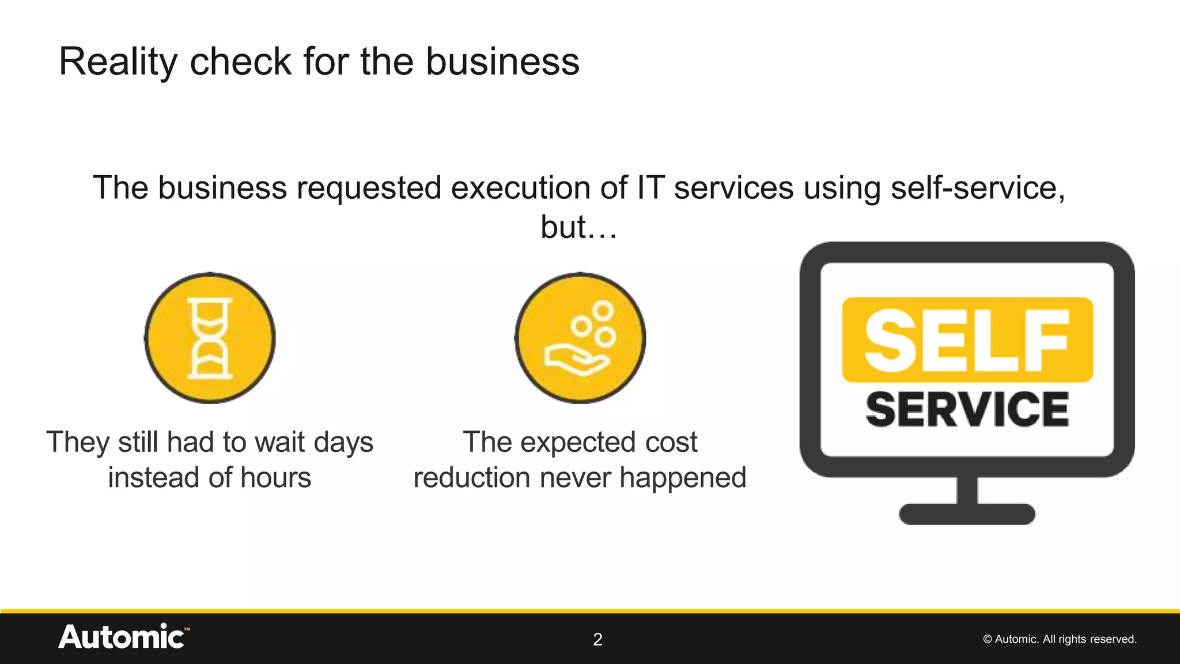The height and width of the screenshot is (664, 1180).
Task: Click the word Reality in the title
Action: (x=118, y=62)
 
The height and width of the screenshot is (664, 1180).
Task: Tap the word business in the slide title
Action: (x=502, y=62)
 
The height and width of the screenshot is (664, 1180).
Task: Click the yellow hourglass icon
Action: (x=210, y=338)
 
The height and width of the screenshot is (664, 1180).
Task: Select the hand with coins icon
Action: (x=580, y=338)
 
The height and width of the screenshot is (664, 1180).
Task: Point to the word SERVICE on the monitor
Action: (x=967, y=409)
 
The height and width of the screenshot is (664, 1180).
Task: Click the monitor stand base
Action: (x=967, y=514)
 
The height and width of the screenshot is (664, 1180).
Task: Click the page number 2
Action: (x=597, y=639)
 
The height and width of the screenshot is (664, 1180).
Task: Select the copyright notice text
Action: (x=1060, y=639)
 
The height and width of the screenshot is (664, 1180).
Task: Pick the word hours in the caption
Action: (x=275, y=478)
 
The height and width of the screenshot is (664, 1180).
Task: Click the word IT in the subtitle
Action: (x=650, y=188)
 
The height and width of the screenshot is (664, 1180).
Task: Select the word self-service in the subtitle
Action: (x=978, y=188)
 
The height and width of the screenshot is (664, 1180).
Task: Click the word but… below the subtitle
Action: (x=578, y=227)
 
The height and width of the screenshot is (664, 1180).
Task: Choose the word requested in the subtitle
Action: (x=369, y=188)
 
